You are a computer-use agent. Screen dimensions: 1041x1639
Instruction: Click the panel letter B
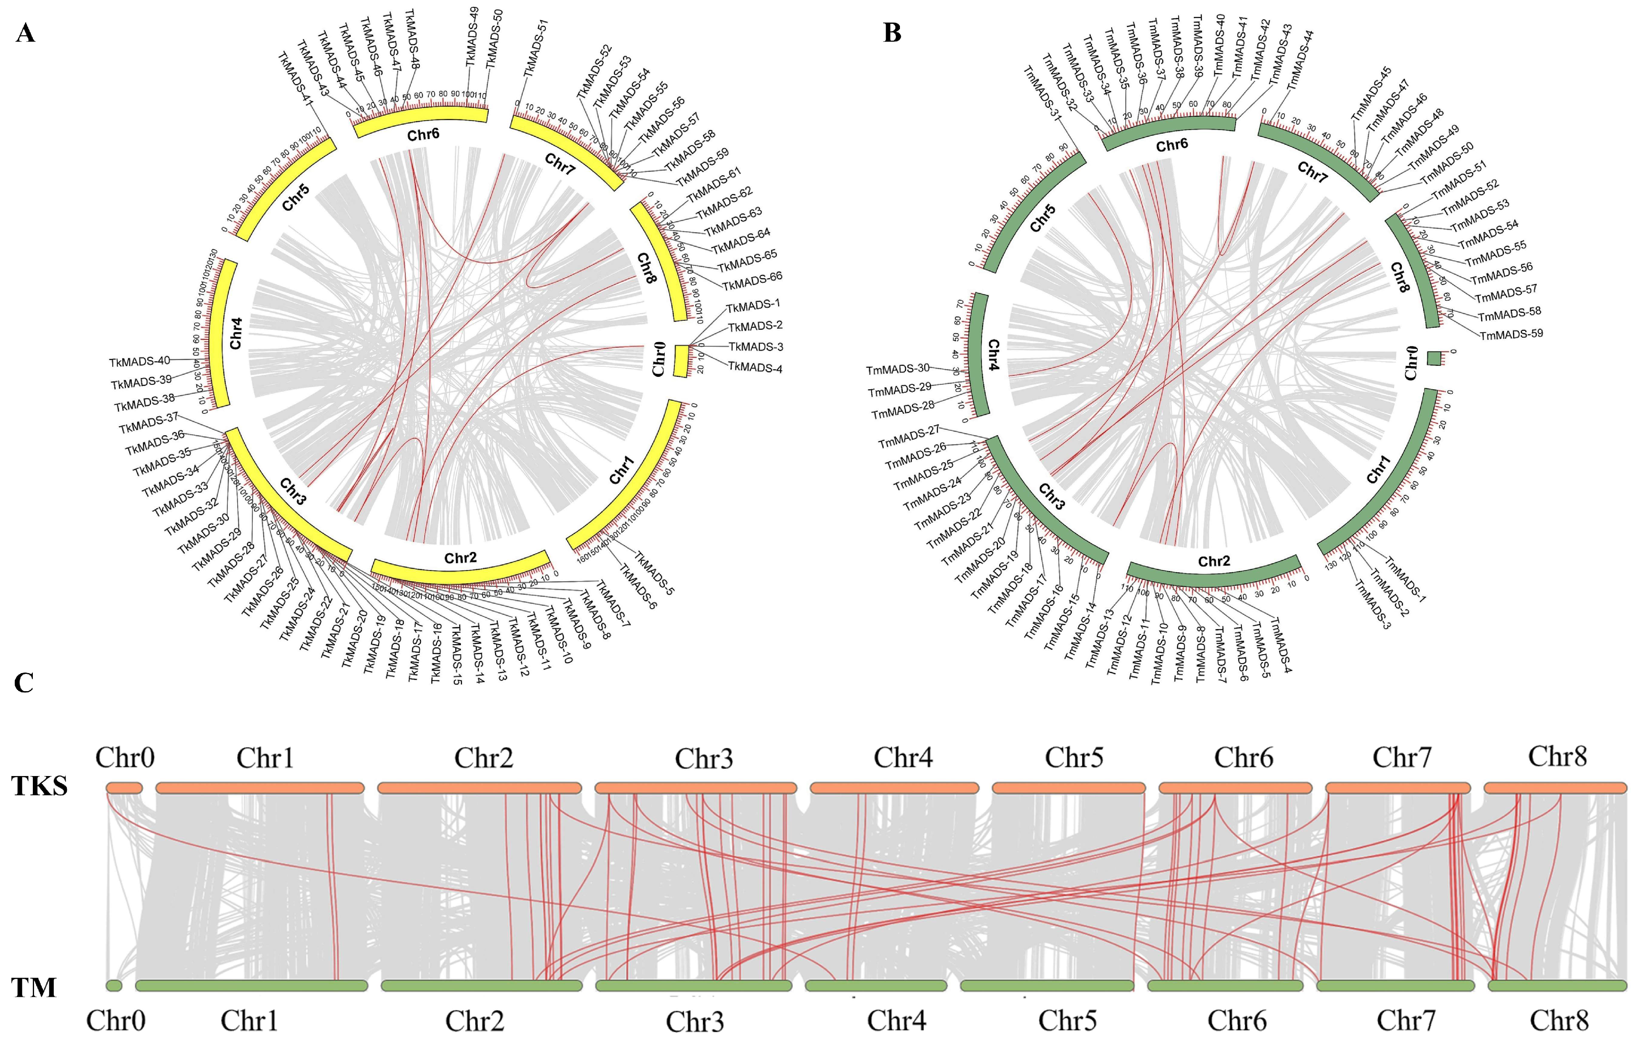pos(892,33)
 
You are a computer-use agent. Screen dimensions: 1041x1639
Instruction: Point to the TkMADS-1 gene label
pos(753,305)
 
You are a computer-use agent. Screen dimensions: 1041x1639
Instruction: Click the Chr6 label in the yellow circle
pos(423,135)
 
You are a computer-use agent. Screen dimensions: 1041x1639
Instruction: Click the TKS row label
pos(39,787)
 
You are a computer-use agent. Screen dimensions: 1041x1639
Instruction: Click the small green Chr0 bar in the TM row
pos(114,985)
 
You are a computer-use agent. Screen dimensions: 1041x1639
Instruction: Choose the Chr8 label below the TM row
pos(1559,1020)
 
